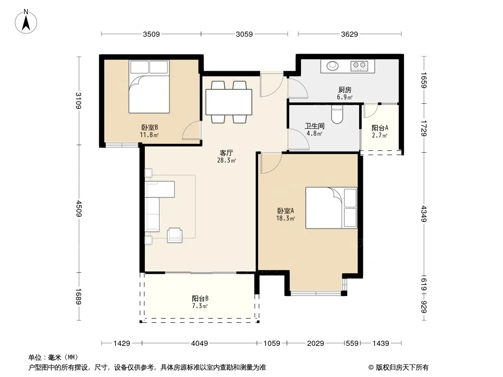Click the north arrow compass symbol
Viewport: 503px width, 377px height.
tap(26, 22)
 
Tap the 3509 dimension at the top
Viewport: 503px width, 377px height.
tap(151, 34)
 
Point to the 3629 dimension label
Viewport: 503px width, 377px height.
tap(349, 34)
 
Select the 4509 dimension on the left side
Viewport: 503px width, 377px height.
tap(79, 208)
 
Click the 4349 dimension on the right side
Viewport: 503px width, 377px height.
tap(424, 213)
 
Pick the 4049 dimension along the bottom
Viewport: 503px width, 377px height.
tap(200, 344)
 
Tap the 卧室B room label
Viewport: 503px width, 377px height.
tap(150, 128)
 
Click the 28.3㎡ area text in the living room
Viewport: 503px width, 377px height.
tap(226, 161)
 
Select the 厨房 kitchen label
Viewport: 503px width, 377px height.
tap(344, 90)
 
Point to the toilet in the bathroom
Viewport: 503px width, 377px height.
tap(337, 115)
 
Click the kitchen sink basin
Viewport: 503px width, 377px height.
tap(332, 66)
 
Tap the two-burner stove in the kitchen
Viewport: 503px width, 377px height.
tap(359, 66)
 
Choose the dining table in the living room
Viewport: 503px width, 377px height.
tap(229, 102)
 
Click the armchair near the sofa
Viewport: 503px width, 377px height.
tap(175, 235)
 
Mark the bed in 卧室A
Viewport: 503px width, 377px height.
tap(331, 208)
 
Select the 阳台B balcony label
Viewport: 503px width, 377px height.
tap(200, 298)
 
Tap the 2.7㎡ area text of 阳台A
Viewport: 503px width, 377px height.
tap(380, 136)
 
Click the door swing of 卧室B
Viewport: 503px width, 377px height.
tap(192, 131)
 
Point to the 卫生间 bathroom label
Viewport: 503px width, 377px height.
tap(314, 126)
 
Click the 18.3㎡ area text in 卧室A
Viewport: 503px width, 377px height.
tap(285, 219)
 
